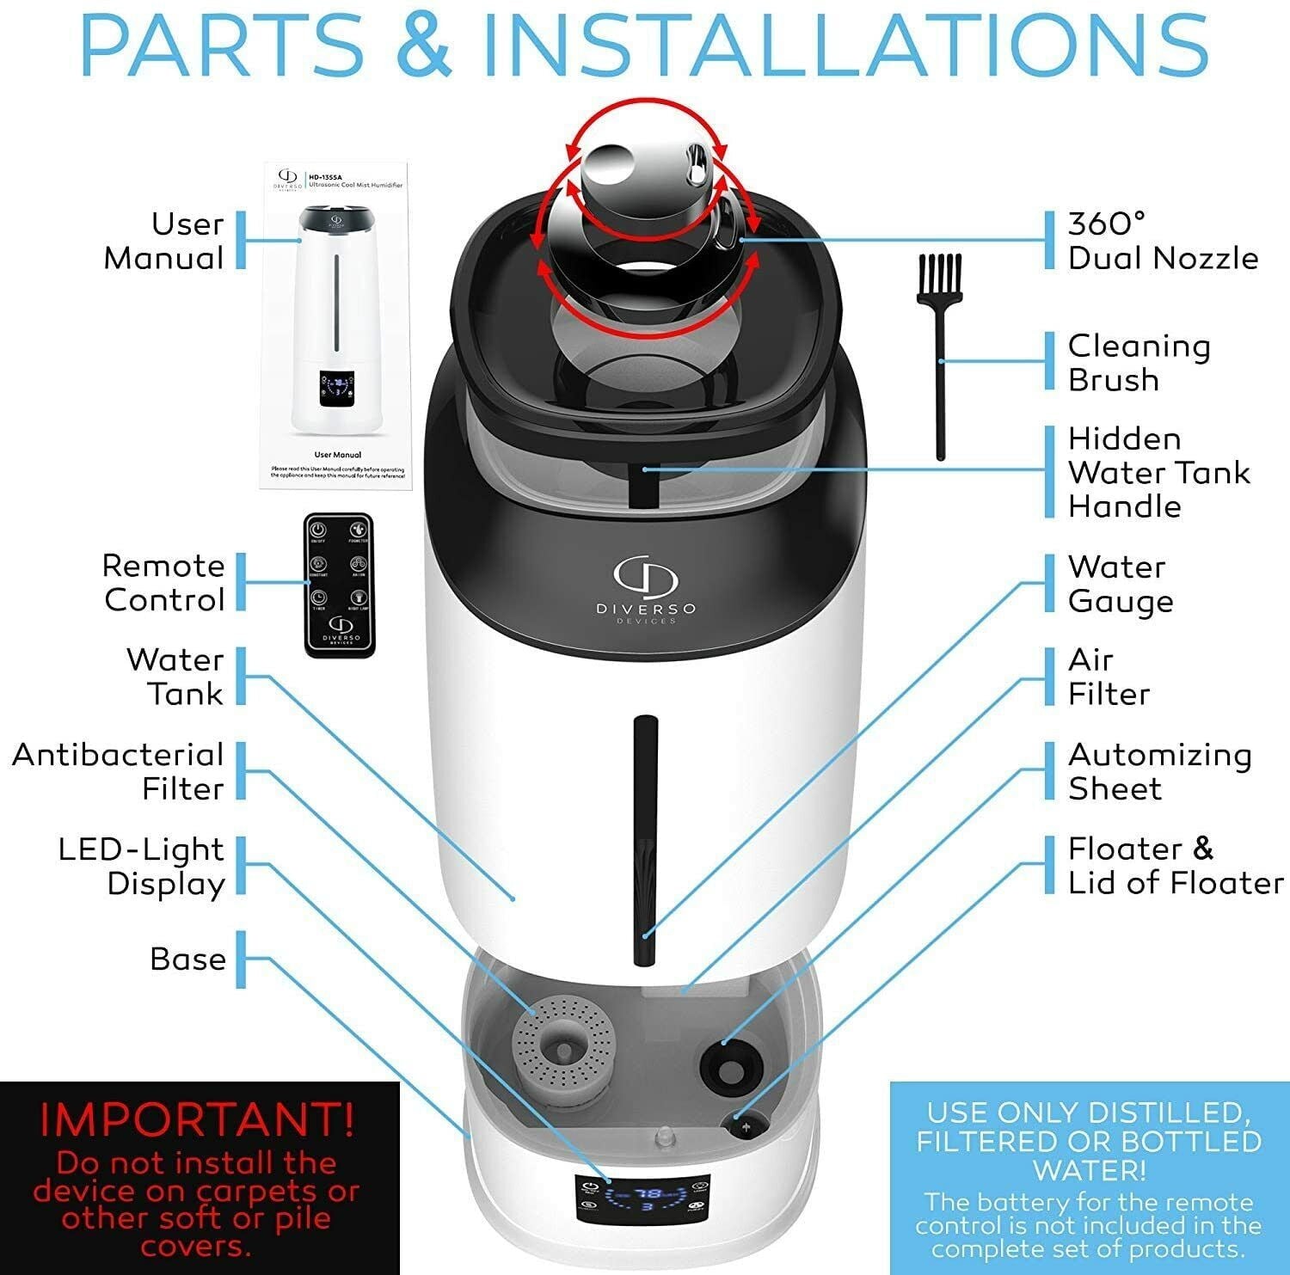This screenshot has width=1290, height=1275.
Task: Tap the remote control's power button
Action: coord(318,530)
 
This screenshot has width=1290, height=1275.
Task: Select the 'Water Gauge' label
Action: coord(1120,584)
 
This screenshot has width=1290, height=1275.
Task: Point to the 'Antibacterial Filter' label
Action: coord(119,771)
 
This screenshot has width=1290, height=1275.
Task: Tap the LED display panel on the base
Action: coord(642,1198)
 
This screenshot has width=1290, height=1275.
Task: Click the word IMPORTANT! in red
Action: coord(197,1119)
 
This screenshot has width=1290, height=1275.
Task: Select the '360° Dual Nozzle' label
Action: coord(1162,241)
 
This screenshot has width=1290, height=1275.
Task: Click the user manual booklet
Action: coord(337,327)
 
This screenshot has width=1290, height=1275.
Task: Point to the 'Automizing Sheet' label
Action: coord(1158,771)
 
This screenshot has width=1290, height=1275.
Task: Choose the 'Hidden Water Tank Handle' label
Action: coord(1158,472)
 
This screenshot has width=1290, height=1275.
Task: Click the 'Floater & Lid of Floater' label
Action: coord(1174,866)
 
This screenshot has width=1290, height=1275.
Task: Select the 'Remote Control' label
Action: coord(163,583)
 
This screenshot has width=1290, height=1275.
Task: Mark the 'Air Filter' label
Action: coord(1108,677)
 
